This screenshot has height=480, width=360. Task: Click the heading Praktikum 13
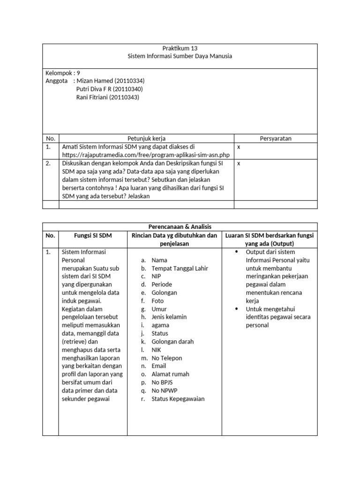180,48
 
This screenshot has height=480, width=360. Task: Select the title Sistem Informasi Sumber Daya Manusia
180,56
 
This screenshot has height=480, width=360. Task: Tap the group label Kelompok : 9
63,73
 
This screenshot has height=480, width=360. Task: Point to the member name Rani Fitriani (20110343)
107,97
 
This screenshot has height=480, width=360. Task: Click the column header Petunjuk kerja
146,138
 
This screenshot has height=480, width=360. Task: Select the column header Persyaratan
276,138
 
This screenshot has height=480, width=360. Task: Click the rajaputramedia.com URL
146,155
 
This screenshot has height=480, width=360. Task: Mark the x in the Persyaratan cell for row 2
239,164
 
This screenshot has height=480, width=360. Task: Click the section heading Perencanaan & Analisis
180,226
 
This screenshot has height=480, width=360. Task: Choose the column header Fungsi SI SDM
93,235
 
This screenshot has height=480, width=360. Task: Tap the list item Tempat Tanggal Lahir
180,268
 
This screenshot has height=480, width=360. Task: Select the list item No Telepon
167,358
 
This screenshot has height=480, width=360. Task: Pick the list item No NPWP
165,390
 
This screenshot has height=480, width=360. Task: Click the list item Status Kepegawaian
178,399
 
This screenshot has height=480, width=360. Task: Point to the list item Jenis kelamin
169,317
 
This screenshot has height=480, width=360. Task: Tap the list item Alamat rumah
170,374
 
